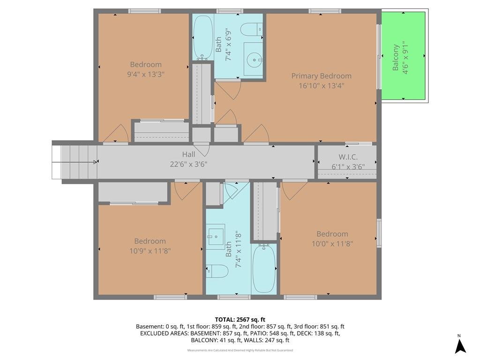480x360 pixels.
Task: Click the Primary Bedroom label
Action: pyautogui.click(x=321, y=76)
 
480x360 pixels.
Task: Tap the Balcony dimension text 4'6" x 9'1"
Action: pyautogui.click(x=405, y=58)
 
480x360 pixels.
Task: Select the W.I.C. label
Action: pyautogui.click(x=348, y=157)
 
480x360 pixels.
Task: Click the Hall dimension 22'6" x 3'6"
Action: pyautogui.click(x=188, y=165)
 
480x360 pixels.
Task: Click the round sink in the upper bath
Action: pyautogui.click(x=255, y=60)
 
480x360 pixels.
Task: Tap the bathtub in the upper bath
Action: pyautogui.click(x=203, y=37)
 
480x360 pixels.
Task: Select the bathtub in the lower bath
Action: pyautogui.click(x=264, y=269)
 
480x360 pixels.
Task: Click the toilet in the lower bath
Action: pyautogui.click(x=217, y=271)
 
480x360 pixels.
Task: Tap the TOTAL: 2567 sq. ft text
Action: pyautogui.click(x=240, y=320)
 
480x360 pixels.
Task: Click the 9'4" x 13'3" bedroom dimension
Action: pyautogui.click(x=146, y=75)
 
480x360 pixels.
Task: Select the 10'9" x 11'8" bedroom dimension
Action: pyautogui.click(x=150, y=251)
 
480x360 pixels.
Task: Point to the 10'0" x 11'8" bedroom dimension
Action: pyautogui.click(x=332, y=244)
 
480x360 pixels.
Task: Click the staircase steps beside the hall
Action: pyautogui.click(x=75, y=162)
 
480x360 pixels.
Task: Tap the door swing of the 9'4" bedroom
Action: pyautogui.click(x=116, y=134)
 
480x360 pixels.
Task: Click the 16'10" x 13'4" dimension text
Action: pyautogui.click(x=322, y=86)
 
